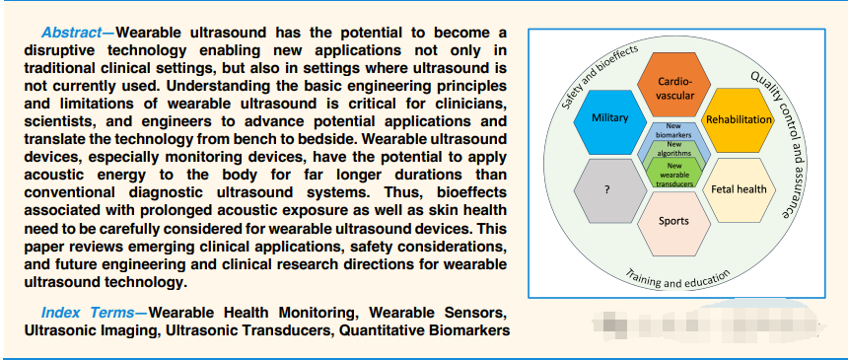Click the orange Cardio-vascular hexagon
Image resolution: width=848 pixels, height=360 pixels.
[673, 86]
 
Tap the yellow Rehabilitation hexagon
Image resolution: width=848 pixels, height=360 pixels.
[738, 119]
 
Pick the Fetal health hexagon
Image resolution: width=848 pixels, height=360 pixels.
[739, 189]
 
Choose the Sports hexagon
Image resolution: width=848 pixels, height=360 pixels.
[673, 223]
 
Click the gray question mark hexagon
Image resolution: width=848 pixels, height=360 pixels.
[609, 190]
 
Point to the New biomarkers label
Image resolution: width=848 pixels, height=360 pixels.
[673, 131]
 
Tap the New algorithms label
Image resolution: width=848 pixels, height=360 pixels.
[673, 149]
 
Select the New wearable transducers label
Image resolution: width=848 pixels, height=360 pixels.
[673, 175]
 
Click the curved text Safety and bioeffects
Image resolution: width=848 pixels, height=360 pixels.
[598, 75]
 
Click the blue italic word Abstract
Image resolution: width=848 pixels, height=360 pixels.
[71, 33]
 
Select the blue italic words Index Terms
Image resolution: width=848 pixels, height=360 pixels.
[88, 313]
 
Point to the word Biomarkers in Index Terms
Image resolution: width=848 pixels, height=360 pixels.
[456, 330]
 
